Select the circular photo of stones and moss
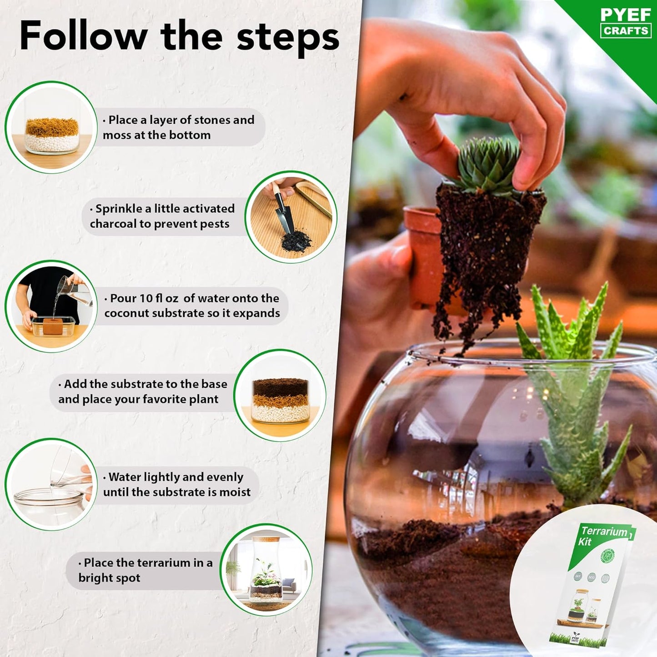click(51, 127)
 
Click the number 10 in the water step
click(146, 298)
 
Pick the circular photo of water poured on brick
click(51, 306)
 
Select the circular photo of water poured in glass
click(51, 484)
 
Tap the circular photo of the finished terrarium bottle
click(266, 570)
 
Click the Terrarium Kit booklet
click(591, 587)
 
